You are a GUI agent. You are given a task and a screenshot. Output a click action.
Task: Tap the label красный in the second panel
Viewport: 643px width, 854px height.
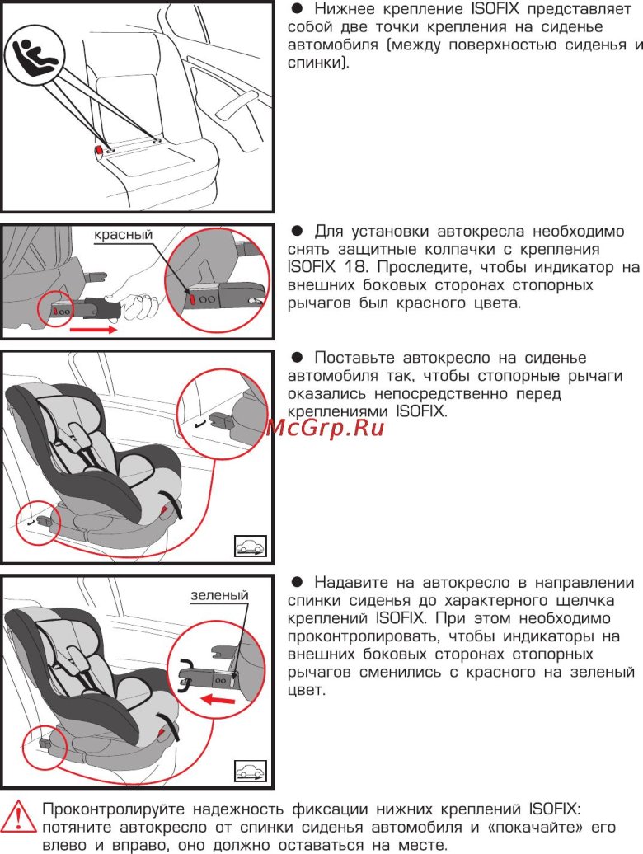click(123, 235)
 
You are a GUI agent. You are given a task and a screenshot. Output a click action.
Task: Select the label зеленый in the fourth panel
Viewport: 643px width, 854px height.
click(218, 595)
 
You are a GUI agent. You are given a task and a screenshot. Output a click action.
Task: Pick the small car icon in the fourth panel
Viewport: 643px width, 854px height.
click(249, 771)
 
